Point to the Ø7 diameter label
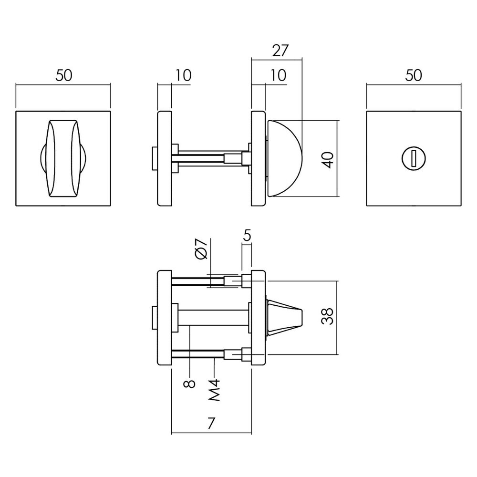pyautogui.click(x=202, y=249)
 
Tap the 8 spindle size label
pyautogui.click(x=190, y=384)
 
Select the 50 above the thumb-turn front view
pyautogui.click(x=63, y=76)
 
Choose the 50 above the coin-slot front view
pyautogui.click(x=414, y=76)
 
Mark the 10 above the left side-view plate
pyautogui.click(x=183, y=76)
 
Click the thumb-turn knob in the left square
pyautogui.click(x=63, y=158)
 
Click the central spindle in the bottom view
pyautogui.click(x=213, y=316)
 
